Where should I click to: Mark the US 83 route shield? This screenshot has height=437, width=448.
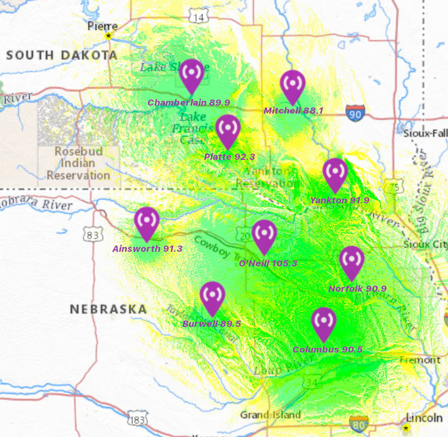point(93,234)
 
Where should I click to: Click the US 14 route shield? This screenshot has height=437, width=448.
point(198,17)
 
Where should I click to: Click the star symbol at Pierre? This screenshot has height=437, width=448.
point(108,36)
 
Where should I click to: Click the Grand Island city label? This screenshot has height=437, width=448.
point(270,415)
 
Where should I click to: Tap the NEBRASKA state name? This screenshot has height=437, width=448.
point(108,309)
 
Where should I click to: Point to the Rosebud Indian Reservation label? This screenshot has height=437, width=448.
point(78,163)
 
